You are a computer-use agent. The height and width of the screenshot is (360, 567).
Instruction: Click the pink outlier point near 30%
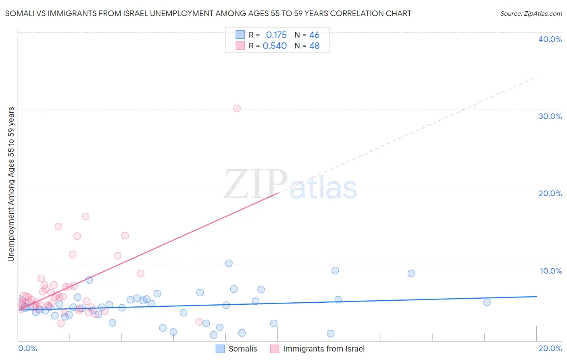click(237, 108)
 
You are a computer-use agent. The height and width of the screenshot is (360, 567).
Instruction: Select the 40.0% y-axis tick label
click(550, 39)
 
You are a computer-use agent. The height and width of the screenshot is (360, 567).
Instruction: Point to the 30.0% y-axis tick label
click(550, 116)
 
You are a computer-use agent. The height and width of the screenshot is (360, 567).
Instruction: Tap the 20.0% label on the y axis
click(550, 193)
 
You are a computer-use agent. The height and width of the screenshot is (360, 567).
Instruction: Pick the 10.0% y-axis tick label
click(551, 271)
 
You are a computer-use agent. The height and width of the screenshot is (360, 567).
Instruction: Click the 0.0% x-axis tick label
click(27, 348)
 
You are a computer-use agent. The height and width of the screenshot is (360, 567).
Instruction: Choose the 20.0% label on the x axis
click(550, 348)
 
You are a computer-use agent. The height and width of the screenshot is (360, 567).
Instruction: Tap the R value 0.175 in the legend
click(276, 35)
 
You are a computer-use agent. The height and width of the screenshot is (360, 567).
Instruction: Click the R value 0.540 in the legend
click(275, 46)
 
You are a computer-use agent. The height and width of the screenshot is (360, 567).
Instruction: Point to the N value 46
click(314, 35)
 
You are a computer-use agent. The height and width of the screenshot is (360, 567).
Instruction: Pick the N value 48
click(314, 46)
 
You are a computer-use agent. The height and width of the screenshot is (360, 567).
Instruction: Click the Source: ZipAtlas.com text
click(531, 13)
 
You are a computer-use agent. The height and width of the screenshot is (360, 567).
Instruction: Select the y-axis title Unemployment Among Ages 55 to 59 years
click(11, 184)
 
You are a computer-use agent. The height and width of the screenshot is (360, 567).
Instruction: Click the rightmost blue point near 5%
click(487, 302)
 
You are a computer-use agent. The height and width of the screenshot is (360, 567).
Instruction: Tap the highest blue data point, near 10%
click(229, 263)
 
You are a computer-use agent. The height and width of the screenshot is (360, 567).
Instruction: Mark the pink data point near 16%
click(85, 216)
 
